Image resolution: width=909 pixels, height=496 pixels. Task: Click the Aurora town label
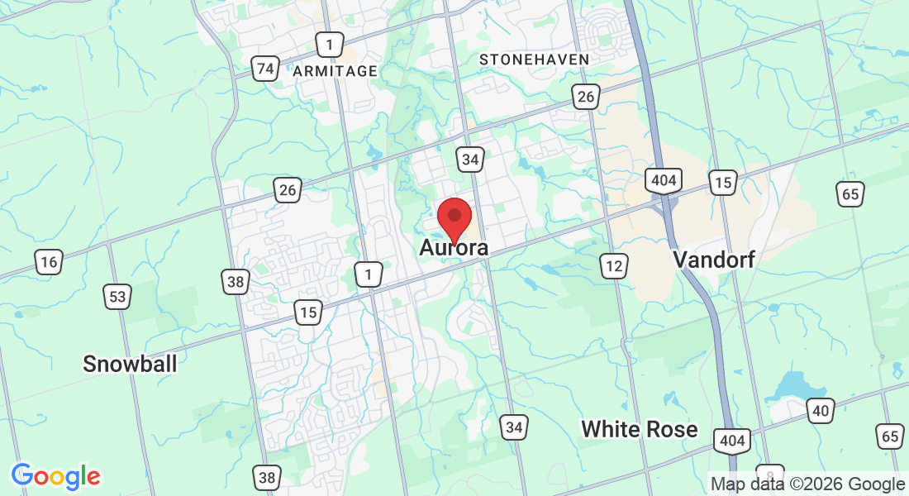pos(454,247)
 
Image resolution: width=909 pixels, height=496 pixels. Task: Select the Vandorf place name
pos(714,260)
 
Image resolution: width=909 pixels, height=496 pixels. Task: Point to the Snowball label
pos(130,363)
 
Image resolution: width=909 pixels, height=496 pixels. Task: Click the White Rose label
pos(639,429)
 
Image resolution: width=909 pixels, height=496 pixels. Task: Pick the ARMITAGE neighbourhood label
pos(335,71)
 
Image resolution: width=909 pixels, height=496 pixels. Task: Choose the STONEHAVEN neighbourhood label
pos(535,60)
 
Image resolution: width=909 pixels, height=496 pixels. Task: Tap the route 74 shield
pos(264,69)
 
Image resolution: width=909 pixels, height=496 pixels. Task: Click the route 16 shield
pos(49,263)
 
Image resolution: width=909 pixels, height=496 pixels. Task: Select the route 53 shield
pos(116,295)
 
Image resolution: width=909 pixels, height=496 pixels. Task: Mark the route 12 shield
pos(613,265)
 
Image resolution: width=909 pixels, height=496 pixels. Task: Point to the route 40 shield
pos(821,409)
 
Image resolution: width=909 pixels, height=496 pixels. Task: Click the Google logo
pos(56,476)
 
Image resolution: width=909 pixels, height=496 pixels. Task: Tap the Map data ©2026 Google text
pos(808,484)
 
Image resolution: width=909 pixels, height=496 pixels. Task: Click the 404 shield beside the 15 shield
pos(664,179)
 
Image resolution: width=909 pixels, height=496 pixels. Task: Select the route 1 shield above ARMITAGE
pos(329,44)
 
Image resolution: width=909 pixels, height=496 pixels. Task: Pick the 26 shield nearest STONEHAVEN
pos(585,98)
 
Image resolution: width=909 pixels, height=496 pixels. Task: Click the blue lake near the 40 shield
pos(791,385)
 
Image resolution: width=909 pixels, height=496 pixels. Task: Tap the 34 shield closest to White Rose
pos(514,427)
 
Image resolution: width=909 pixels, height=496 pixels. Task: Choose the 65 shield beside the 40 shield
pos(889,436)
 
